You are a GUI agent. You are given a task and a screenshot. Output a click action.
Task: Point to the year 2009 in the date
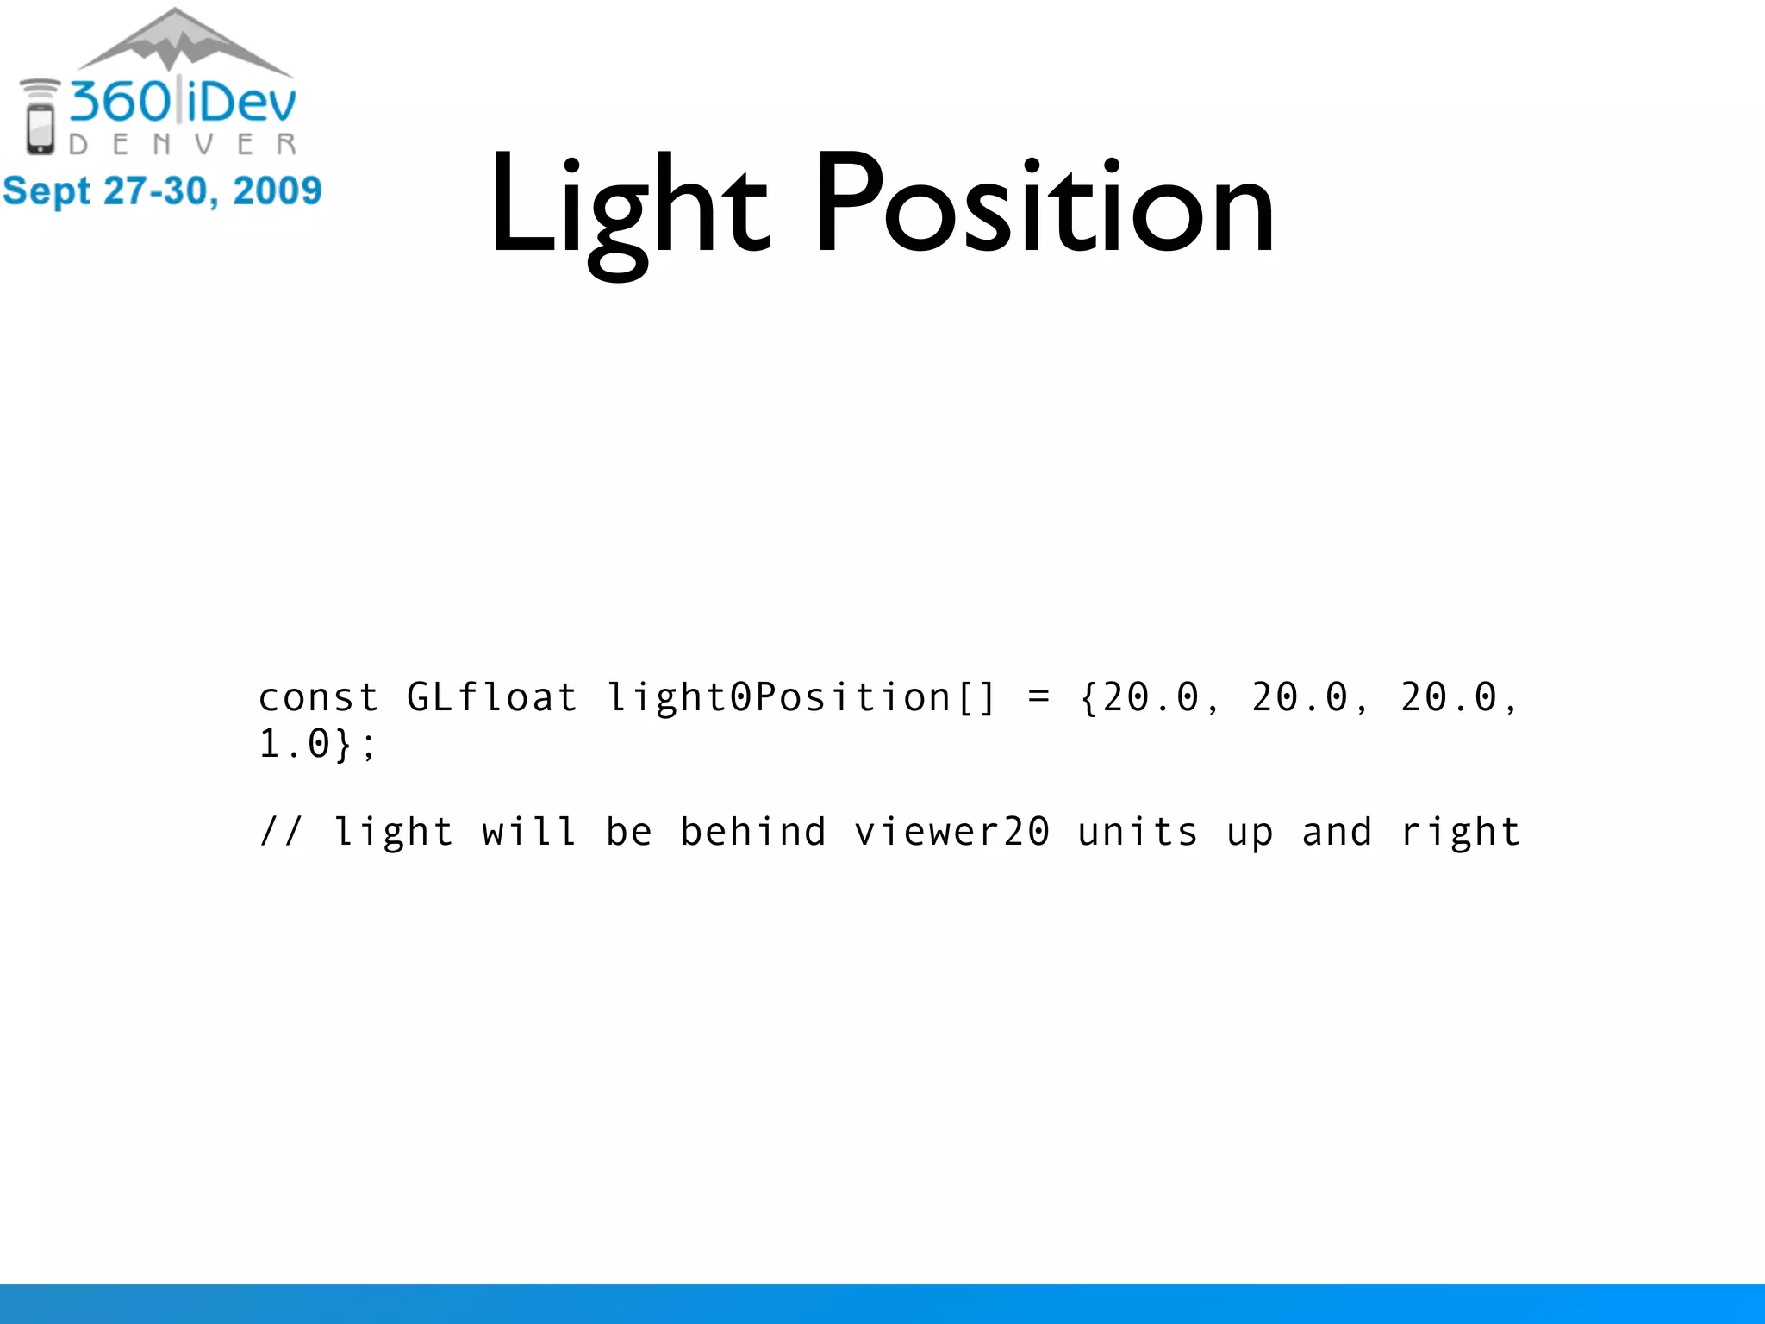(277, 190)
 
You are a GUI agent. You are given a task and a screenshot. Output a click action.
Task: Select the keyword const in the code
(318, 697)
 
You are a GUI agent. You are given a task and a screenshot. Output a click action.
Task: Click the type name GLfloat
(491, 697)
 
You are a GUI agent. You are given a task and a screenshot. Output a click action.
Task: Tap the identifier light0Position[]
(801, 697)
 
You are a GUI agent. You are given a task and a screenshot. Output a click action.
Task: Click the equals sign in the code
(1039, 697)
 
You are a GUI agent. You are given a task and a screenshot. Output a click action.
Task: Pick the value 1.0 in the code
(295, 743)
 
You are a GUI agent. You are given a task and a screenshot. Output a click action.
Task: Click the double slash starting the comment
(281, 832)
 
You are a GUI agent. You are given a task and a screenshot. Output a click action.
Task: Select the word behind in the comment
(753, 832)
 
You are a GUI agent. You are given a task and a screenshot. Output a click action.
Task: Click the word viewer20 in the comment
(951, 832)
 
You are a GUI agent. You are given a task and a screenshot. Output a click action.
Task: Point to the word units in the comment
(1138, 832)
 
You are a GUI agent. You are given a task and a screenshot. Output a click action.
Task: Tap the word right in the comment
(1460, 832)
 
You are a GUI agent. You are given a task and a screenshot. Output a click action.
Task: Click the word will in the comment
(529, 832)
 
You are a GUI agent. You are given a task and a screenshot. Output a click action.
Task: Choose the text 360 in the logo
(121, 102)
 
